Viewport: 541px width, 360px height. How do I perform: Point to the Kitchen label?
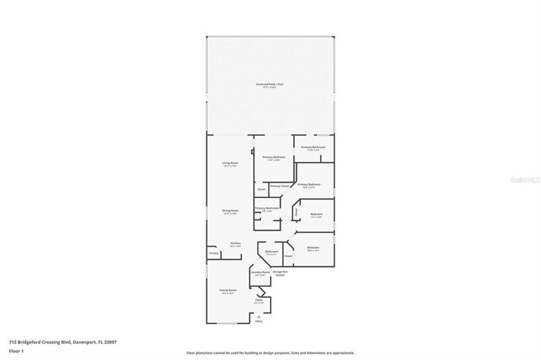(x=236, y=244)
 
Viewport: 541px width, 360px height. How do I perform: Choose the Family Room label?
(x=228, y=290)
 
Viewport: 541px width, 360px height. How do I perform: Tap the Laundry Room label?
(x=260, y=272)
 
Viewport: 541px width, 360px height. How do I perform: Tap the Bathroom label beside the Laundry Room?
(x=272, y=251)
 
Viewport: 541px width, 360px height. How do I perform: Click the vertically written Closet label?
(x=297, y=212)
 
